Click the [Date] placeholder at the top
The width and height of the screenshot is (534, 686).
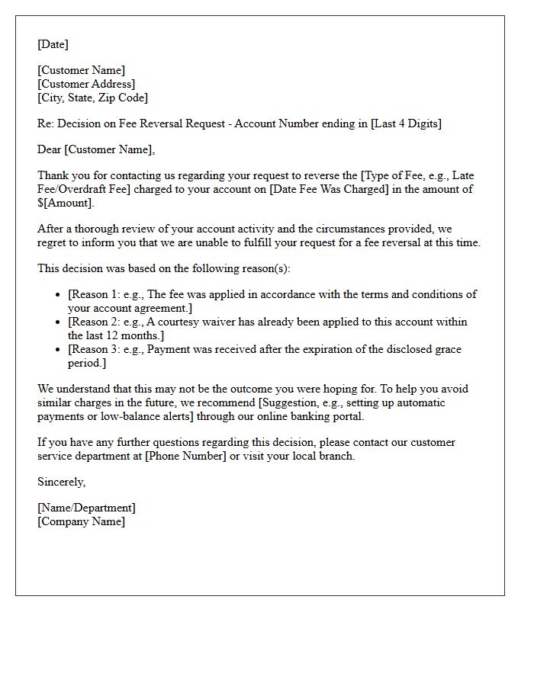53,44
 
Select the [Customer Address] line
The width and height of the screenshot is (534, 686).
86,84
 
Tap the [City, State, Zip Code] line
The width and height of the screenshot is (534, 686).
93,98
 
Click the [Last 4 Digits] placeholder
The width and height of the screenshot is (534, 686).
406,123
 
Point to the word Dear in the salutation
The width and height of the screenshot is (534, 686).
50,149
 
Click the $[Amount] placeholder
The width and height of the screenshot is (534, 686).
66,203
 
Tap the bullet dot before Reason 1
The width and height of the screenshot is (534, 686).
58,295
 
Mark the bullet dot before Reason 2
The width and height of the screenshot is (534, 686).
58,322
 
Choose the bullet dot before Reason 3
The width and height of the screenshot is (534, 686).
58,350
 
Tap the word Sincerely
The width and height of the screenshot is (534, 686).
62,482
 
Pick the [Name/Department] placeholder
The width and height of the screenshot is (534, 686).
86,508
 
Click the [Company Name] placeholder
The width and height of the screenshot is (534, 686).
82,521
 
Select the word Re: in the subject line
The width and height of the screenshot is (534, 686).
46,123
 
